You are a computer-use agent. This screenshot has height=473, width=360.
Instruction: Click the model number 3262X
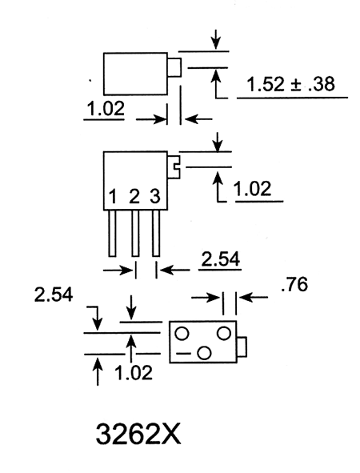138,435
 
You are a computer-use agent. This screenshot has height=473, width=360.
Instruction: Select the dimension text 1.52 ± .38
290,84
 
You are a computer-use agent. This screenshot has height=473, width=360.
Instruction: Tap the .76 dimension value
294,284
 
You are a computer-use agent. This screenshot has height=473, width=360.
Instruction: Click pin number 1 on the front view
113,196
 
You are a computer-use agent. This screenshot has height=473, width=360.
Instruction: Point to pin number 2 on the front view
134,196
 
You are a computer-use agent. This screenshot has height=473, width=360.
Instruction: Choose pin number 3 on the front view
155,196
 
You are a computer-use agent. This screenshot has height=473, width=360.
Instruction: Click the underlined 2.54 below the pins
221,259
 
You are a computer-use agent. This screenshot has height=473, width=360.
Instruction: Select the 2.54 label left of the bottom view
54,295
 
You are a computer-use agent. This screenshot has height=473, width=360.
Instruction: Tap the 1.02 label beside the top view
106,109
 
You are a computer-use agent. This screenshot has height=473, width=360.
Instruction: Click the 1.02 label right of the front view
253,189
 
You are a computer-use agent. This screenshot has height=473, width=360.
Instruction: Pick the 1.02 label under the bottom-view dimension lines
134,373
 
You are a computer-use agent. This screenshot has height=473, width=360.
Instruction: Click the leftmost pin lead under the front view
112,233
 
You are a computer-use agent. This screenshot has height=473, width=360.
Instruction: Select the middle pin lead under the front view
135,233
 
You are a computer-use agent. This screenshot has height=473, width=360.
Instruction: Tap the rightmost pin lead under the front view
156,233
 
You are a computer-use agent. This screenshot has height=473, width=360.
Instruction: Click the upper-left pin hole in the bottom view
182,334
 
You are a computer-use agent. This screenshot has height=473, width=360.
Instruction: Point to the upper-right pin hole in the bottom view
224,333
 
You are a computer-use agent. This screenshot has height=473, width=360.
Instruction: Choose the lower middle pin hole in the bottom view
204,353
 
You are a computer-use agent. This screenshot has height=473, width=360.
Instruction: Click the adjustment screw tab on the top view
174,67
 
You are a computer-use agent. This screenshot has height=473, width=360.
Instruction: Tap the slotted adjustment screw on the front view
174,166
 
